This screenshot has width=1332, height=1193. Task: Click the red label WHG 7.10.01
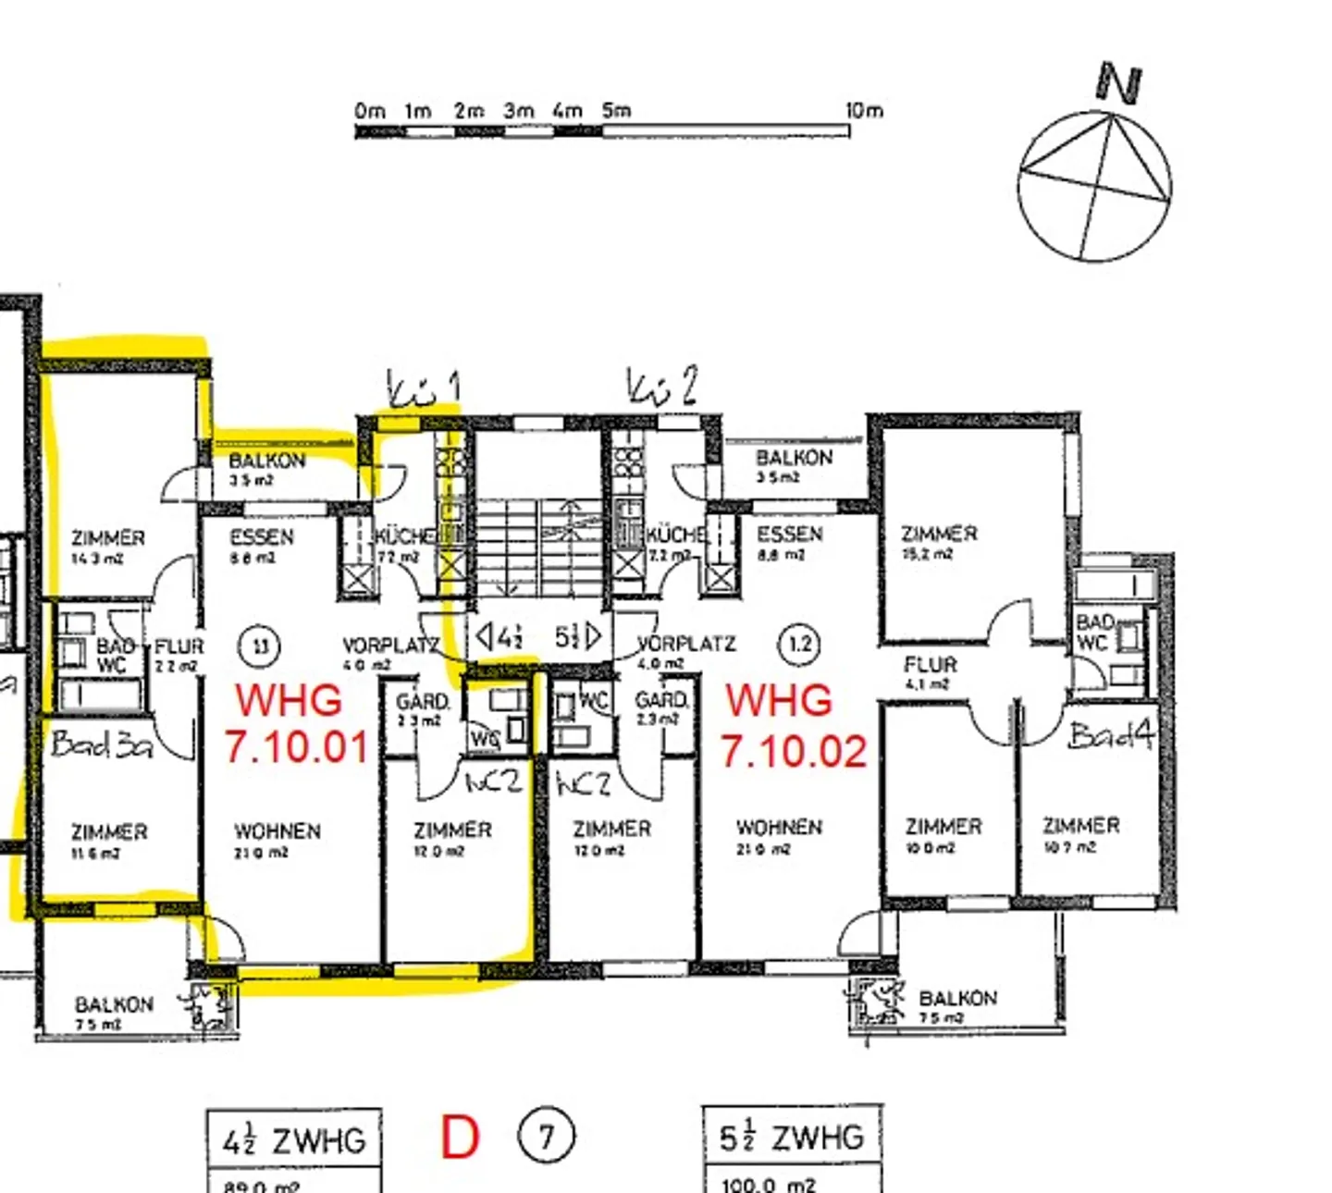coord(295,723)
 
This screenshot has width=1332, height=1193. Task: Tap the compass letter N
coord(1119,83)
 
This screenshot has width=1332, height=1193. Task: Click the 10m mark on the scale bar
coord(864,111)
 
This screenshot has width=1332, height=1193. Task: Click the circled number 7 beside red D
coord(546,1135)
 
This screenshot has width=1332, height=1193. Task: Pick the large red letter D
coord(460,1138)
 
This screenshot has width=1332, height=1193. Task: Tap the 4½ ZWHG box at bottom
coord(293,1141)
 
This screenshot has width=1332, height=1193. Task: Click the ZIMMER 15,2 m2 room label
coord(938,542)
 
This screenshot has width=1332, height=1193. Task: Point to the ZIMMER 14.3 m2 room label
coord(108,546)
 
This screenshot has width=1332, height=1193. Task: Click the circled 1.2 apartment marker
coord(800,644)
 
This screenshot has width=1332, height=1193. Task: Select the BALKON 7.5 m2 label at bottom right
coord(956,1005)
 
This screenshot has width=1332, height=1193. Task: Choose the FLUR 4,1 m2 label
coord(930,671)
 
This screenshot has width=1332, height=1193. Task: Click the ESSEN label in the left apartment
coord(261,545)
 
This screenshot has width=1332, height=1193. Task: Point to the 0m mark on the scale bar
coord(369,111)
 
